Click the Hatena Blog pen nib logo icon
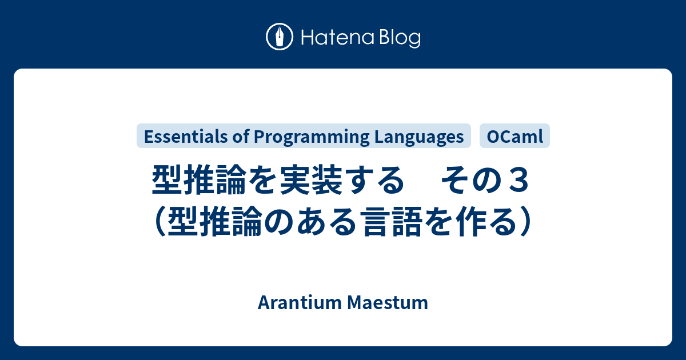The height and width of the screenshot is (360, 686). pyautogui.click(x=280, y=37)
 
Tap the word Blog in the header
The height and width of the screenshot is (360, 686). pyautogui.click(x=398, y=38)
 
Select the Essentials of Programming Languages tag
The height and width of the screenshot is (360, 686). pyautogui.click(x=304, y=137)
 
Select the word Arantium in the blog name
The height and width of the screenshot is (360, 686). pyautogui.click(x=300, y=303)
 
